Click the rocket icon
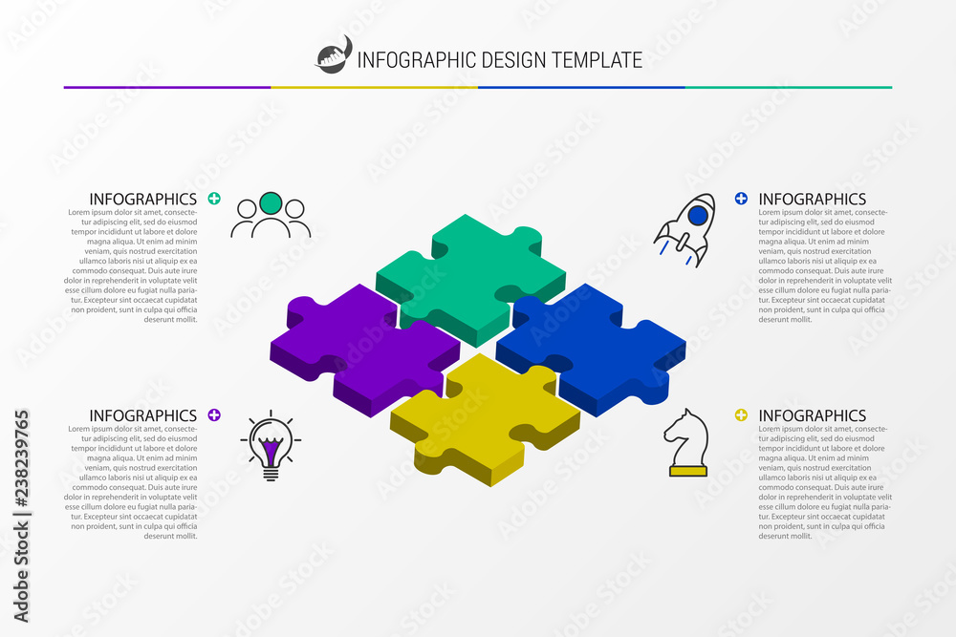(685, 229)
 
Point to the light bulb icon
(271, 445)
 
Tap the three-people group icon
(271, 215)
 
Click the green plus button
(214, 199)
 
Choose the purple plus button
(214, 414)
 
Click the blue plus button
(742, 199)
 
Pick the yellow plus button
(742, 414)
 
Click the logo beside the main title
(334, 55)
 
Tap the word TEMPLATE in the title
(597, 60)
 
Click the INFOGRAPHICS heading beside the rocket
(812, 200)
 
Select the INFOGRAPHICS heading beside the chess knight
(812, 415)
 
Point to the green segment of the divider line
(789, 87)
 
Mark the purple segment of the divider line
(167, 87)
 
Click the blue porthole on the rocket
(698, 215)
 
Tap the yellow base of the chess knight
(688, 471)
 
